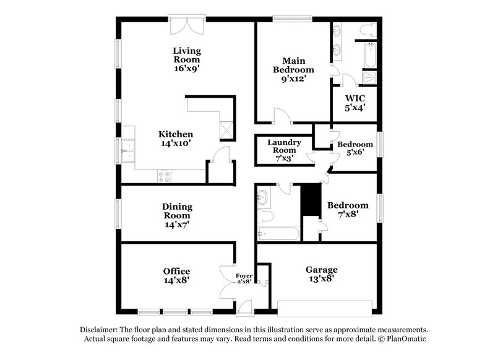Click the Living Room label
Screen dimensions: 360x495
186,55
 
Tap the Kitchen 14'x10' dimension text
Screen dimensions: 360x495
176,143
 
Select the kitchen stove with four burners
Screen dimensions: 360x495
165,174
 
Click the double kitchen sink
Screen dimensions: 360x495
129,151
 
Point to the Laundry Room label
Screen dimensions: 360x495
284,146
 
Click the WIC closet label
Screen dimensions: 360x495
355,99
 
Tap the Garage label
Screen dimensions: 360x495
321,270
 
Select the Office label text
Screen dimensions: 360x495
176,271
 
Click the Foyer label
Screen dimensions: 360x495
244,275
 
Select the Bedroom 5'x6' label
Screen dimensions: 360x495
355,144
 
